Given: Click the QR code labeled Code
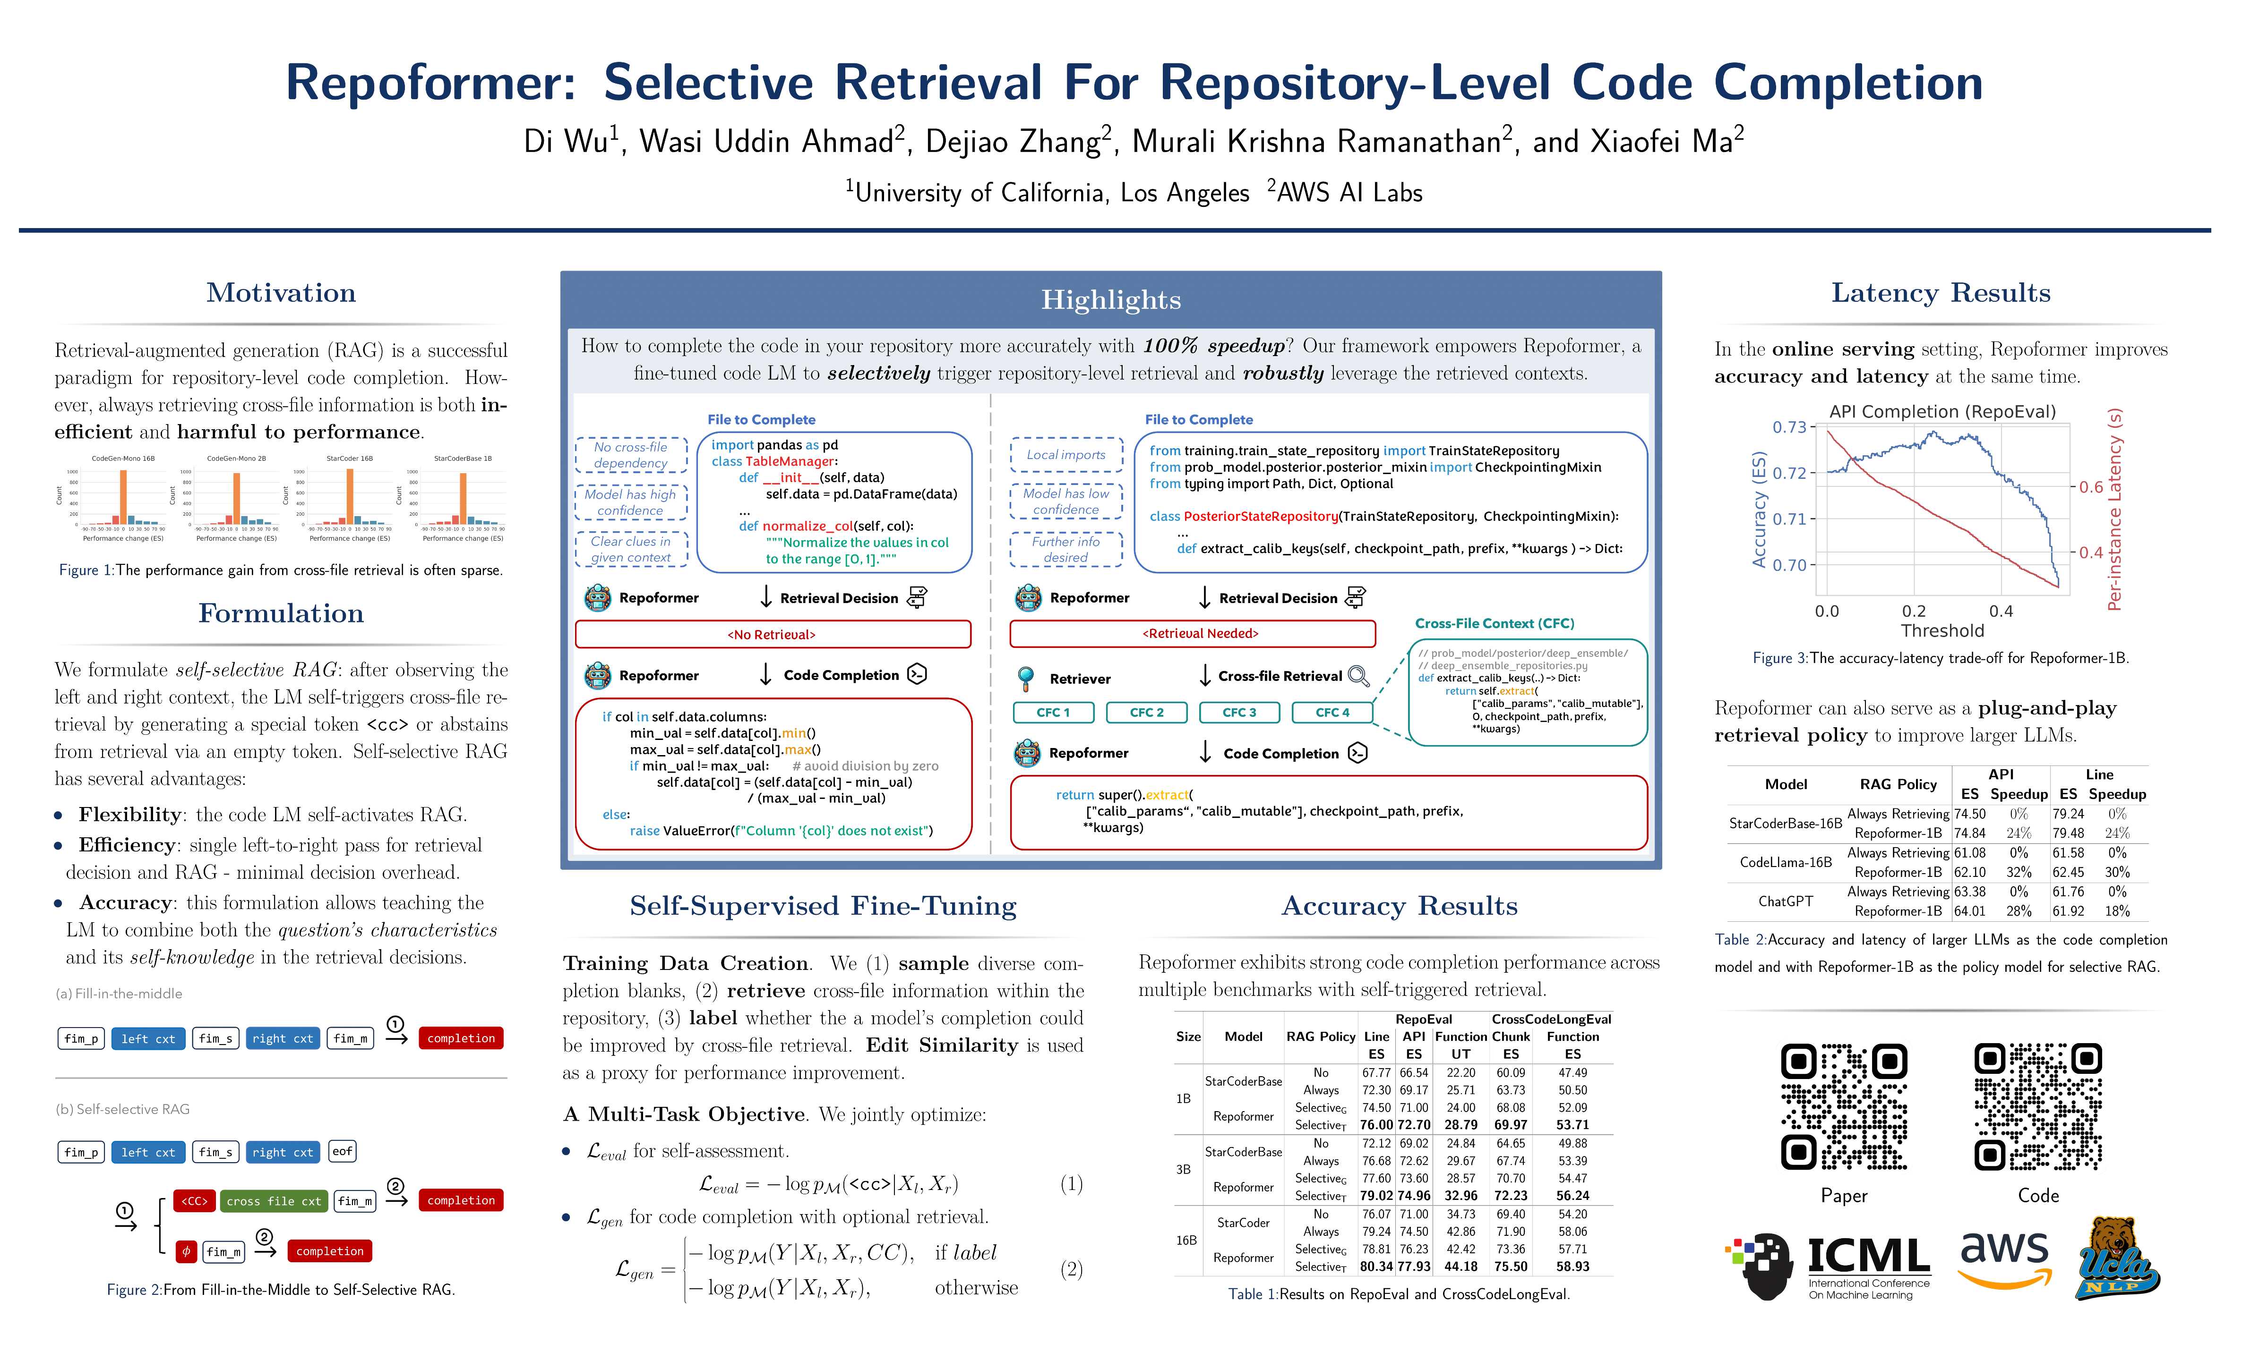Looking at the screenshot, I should [2038, 1106].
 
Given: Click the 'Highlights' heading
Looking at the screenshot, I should [1110, 300].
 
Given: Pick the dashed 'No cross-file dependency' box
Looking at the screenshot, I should [631, 455].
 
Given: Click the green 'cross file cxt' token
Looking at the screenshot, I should [273, 1200].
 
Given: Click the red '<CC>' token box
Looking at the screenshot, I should [194, 1200].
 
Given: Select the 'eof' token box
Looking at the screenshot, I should [342, 1151].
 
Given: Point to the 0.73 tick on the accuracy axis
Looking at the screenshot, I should [1788, 427].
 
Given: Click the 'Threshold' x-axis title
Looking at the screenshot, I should [1942, 630].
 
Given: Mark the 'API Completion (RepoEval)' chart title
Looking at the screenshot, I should [1942, 411].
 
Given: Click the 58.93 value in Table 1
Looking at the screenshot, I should [1572, 1266].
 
